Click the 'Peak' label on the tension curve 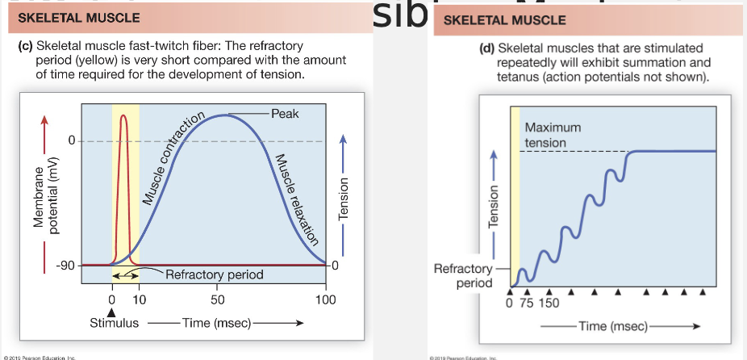coord(285,114)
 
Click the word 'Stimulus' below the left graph coord(114,323)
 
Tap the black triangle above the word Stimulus coord(112,312)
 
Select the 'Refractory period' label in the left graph coord(214,275)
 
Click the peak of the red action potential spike coord(123,115)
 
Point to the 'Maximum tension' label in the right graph coord(553,135)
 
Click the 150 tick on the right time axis coord(549,303)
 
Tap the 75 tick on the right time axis coord(526,303)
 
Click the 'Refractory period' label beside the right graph coord(463,275)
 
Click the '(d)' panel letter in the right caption coord(486,48)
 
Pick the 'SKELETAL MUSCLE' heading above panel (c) coord(79,17)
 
